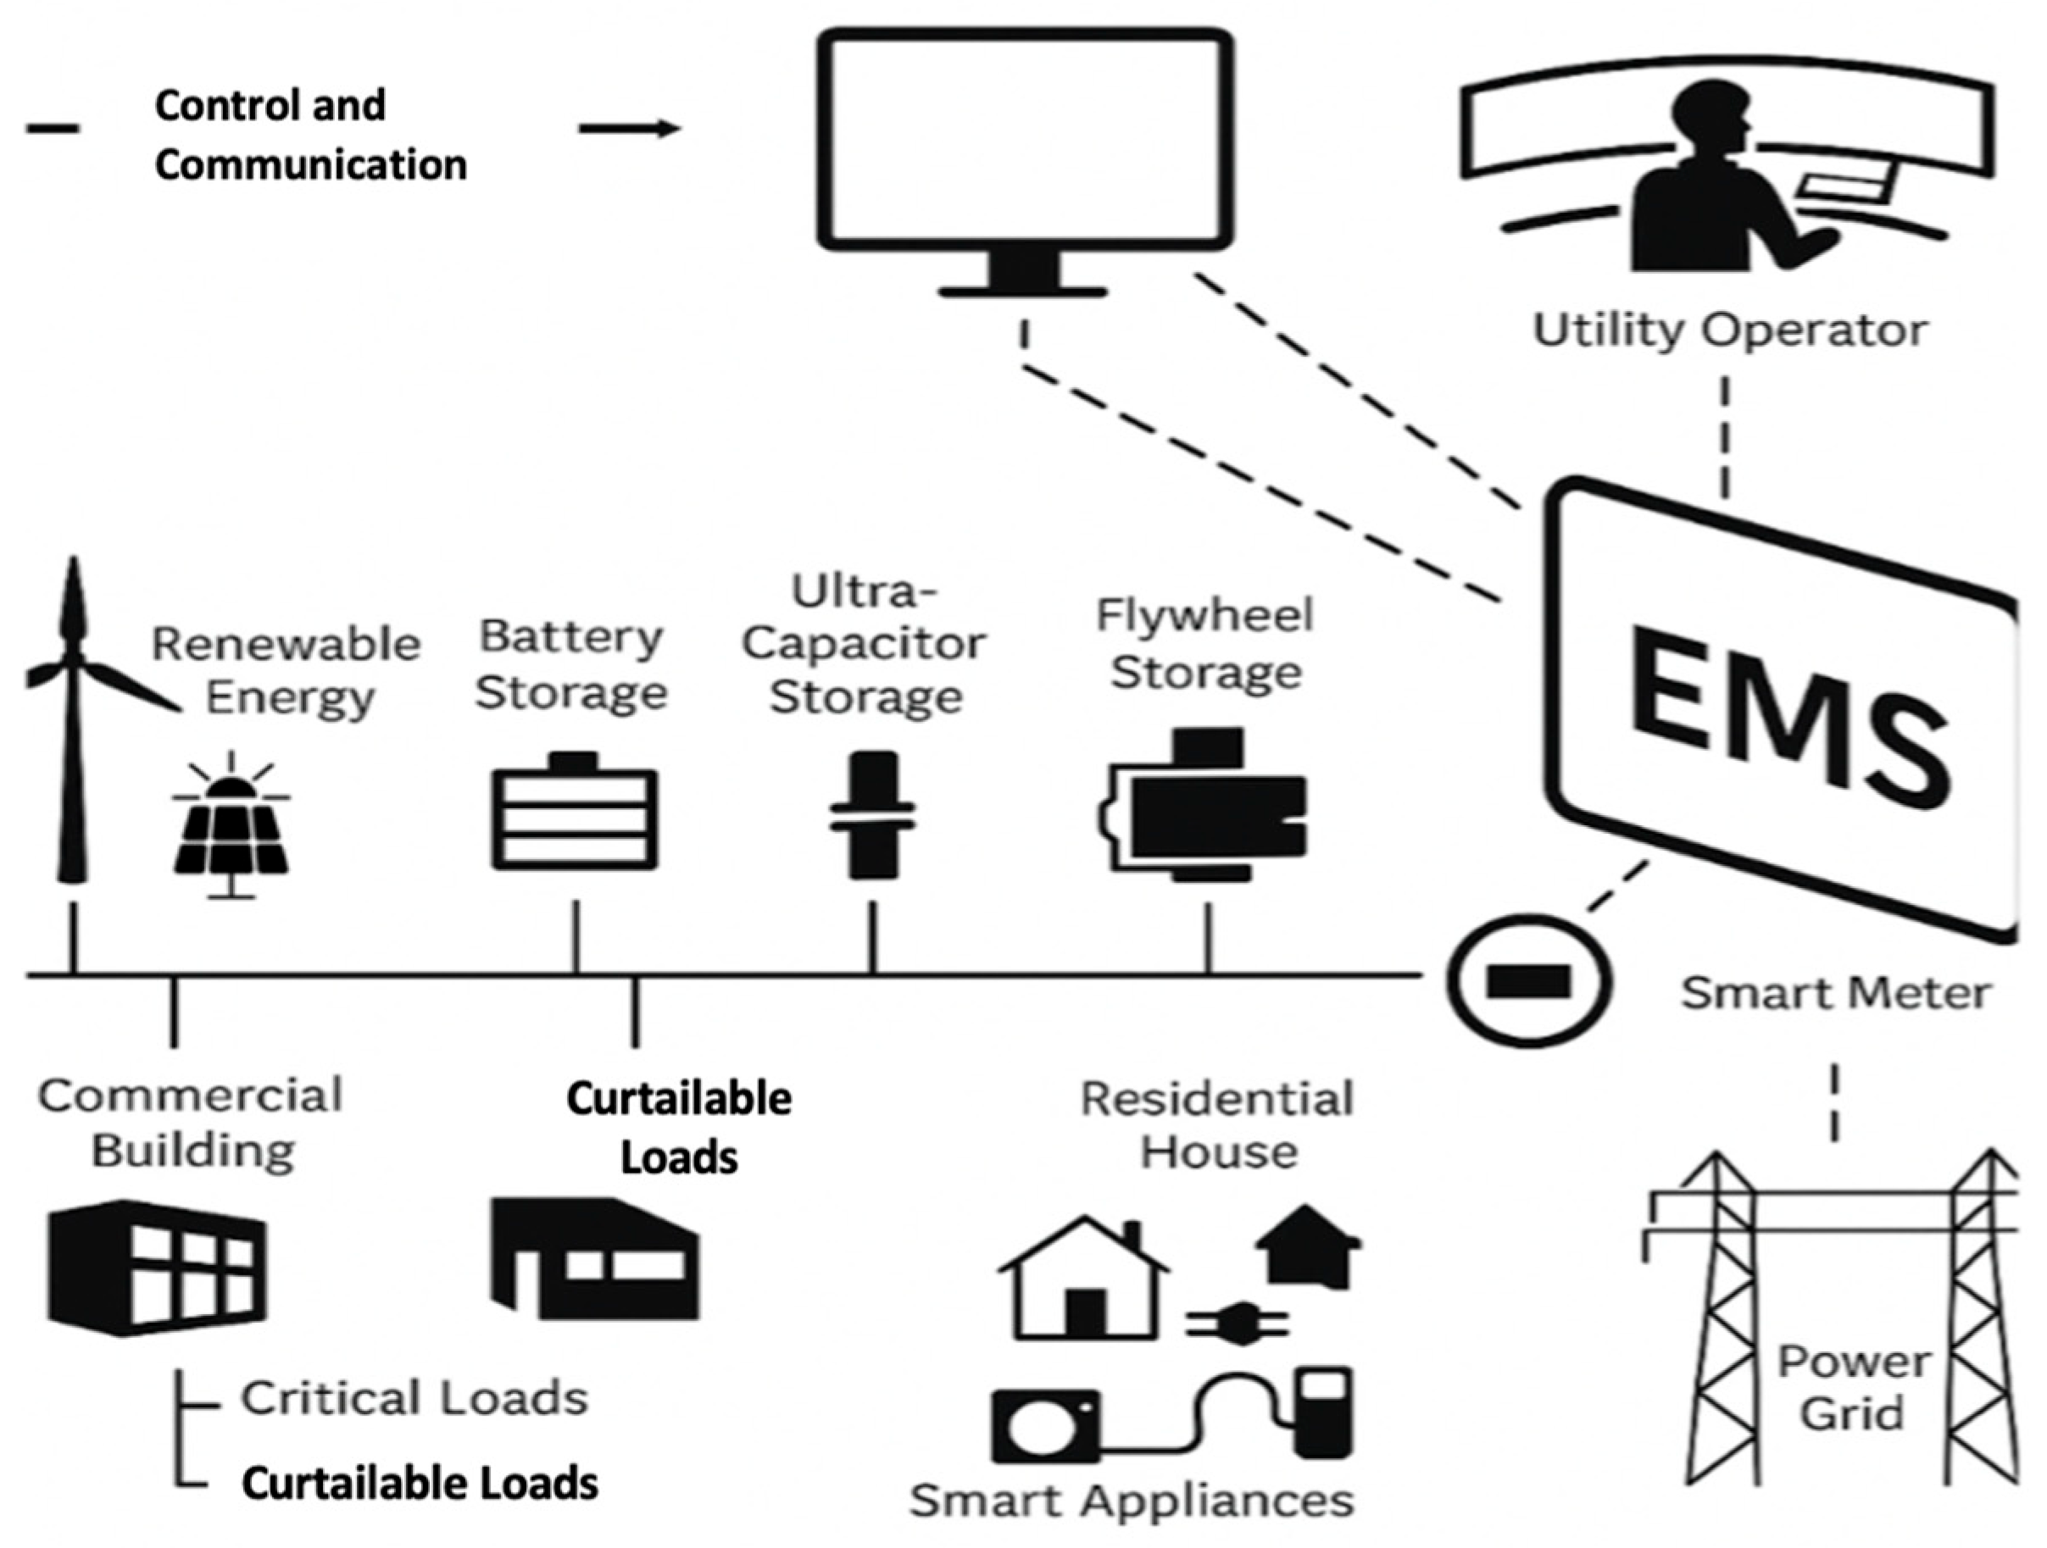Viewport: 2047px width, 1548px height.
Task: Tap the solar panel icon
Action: [231, 833]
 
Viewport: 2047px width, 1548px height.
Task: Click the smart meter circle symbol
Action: [1528, 981]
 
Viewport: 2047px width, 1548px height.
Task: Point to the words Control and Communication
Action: [310, 135]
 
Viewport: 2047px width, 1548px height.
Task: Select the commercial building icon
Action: [158, 1268]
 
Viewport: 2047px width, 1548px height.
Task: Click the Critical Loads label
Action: [414, 1398]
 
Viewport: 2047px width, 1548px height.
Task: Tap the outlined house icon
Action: [1082, 1281]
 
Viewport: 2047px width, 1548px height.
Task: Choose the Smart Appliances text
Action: [1131, 1500]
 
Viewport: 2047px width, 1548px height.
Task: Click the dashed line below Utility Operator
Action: [1726, 435]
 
